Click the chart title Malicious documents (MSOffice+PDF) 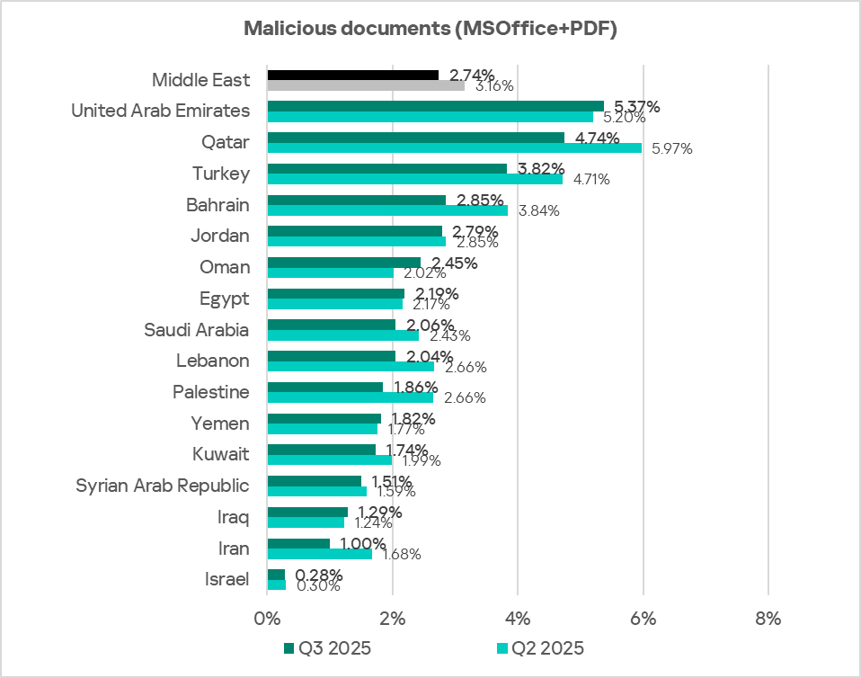(430, 29)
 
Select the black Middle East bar (352, 76)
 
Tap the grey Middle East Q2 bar (366, 86)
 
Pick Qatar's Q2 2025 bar (454, 148)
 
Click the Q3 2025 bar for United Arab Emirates (435, 106)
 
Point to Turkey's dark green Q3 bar (386, 168)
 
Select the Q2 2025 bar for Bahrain (387, 210)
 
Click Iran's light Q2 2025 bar (319, 554)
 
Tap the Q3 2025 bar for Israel (276, 575)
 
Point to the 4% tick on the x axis (518, 619)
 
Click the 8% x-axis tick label (768, 619)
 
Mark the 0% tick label (267, 619)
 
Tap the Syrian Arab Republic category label (162, 486)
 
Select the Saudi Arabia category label (197, 329)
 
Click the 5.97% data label (670, 148)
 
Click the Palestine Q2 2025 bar (350, 397)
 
